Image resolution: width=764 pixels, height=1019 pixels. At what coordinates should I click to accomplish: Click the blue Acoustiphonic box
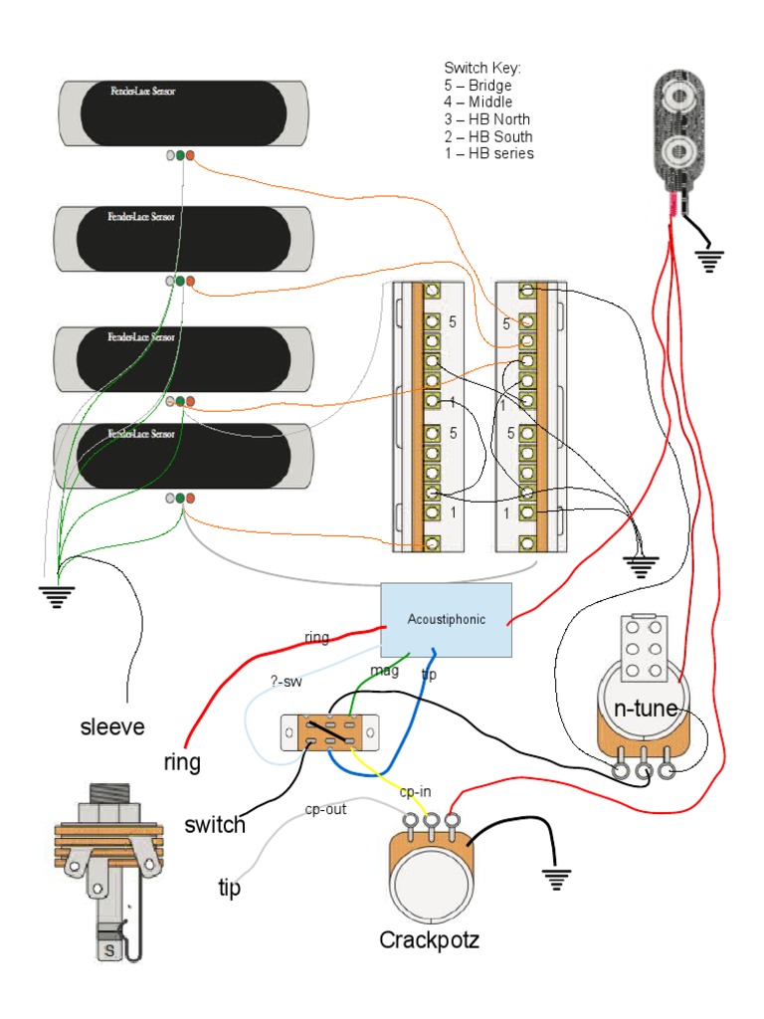click(447, 619)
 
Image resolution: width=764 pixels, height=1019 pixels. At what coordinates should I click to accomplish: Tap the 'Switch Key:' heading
click(482, 68)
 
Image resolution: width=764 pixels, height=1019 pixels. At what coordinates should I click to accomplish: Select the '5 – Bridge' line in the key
click(477, 86)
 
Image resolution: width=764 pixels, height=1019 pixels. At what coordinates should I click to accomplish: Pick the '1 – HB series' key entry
click(488, 153)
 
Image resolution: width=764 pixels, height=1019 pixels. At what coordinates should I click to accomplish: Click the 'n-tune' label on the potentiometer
click(645, 709)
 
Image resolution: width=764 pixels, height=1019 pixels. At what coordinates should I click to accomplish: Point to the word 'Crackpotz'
click(429, 939)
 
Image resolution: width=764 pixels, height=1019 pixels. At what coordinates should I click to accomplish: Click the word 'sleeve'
click(111, 727)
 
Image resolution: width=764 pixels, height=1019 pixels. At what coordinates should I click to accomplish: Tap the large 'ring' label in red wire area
click(182, 762)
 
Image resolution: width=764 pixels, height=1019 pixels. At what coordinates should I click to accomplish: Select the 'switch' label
click(215, 825)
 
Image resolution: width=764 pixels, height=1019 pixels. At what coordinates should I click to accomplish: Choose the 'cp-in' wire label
click(416, 792)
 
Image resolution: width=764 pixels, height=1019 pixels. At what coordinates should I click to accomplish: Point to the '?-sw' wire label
click(286, 682)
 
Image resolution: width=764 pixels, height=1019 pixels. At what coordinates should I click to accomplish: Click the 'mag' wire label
click(384, 671)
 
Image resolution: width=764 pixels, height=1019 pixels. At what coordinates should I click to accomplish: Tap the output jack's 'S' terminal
click(109, 952)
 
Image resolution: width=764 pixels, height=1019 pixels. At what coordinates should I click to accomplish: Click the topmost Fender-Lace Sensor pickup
click(183, 110)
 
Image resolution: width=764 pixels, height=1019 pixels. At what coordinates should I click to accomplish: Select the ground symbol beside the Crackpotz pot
click(556, 879)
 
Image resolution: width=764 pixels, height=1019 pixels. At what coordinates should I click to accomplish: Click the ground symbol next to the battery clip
click(709, 261)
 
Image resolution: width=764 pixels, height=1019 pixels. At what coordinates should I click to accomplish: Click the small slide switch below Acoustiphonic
click(328, 731)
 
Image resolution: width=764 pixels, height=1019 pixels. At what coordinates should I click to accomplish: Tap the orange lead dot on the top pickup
click(190, 156)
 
